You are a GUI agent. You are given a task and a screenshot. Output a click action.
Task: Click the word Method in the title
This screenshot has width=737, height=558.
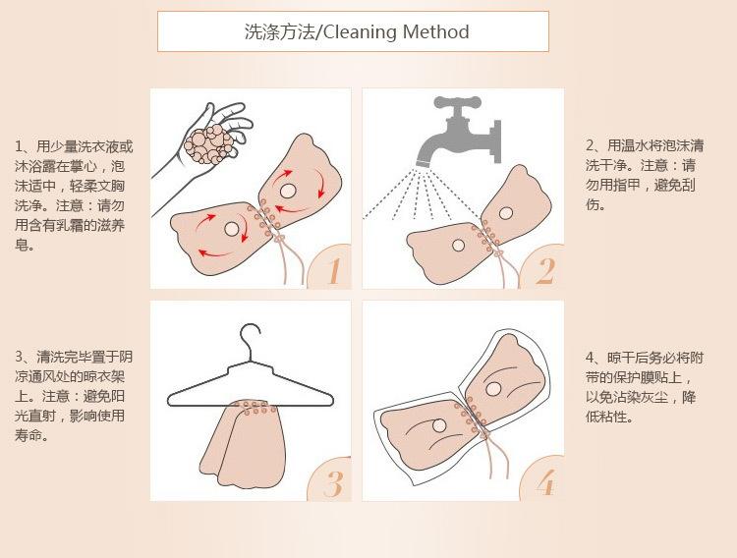[x=435, y=32]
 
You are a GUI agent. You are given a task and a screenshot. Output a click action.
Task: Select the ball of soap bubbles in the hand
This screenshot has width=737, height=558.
[x=208, y=143]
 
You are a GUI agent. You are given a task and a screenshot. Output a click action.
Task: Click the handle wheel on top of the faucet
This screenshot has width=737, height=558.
[x=457, y=101]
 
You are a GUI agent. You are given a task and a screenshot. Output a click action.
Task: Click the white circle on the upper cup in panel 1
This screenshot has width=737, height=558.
[x=287, y=191]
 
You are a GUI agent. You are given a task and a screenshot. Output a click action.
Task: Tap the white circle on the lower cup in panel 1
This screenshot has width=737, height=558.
[x=232, y=229]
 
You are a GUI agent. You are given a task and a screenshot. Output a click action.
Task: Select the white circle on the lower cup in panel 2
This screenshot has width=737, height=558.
[x=458, y=245]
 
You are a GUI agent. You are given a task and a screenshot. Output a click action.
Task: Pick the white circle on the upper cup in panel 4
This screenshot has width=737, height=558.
[x=493, y=389]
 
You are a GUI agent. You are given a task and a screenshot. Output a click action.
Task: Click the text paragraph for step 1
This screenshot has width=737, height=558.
[x=74, y=195]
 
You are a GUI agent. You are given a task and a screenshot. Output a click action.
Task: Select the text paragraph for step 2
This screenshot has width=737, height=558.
[x=645, y=175]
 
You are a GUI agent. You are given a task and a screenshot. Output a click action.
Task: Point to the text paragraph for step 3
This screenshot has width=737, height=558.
[x=74, y=396]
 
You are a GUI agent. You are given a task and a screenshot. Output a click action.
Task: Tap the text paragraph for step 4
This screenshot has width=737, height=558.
[x=645, y=387]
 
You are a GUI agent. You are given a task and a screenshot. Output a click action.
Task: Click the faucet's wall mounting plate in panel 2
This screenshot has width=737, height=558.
[x=496, y=141]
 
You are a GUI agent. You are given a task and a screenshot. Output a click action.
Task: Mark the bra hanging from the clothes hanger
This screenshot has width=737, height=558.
[x=242, y=442]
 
